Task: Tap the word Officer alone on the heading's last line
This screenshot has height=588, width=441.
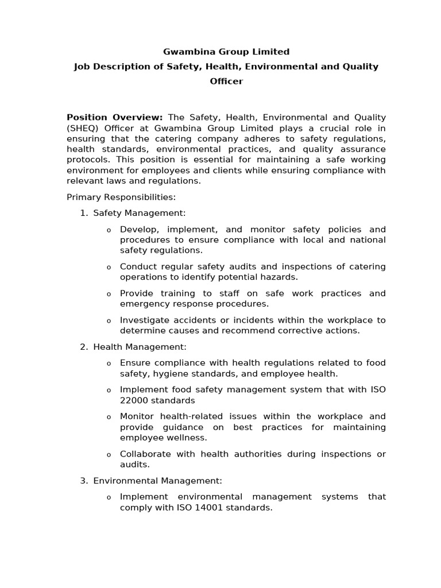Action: [226, 81]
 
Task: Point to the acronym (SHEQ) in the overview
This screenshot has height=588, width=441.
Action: [84, 128]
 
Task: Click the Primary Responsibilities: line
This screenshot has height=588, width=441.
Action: [121, 197]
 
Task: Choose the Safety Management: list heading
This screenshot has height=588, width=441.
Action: [140, 213]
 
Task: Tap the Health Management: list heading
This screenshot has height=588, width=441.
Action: [140, 347]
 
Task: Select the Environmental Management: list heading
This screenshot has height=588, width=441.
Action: [157, 481]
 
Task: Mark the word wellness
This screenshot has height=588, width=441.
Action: [187, 438]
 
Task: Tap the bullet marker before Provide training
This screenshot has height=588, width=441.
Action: [109, 294]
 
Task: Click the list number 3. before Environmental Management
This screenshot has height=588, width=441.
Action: [84, 481]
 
